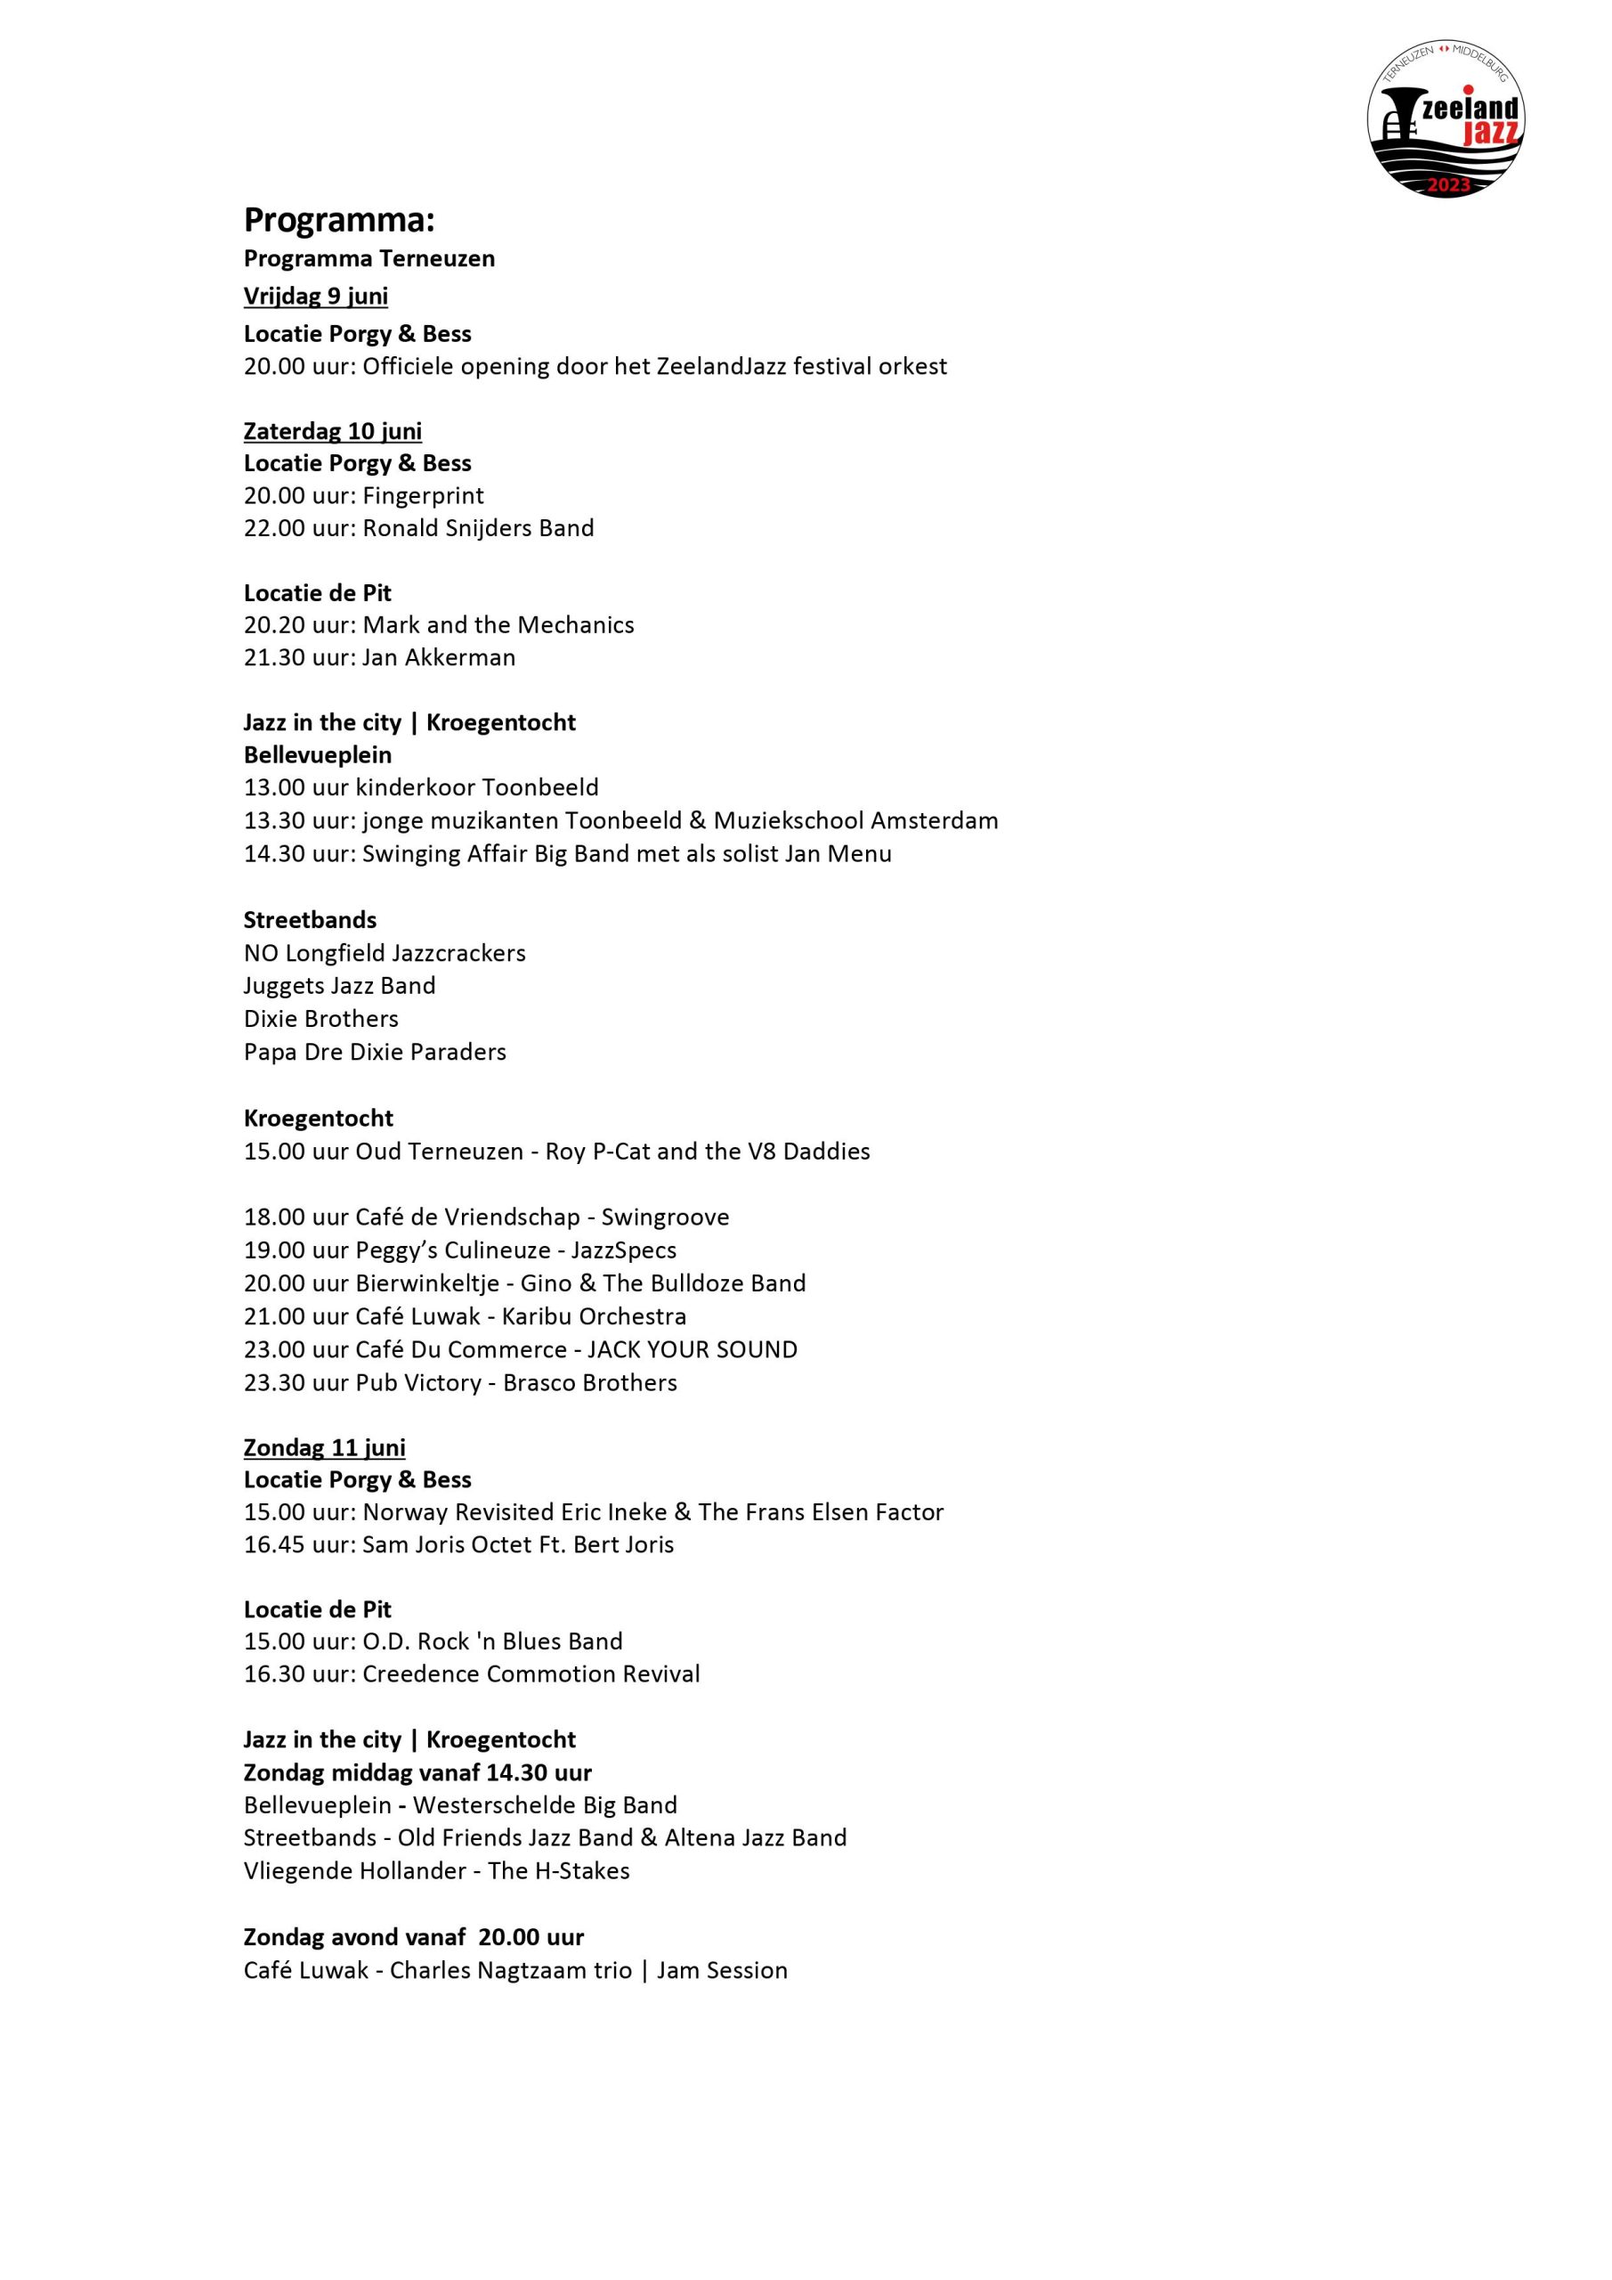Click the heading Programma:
tap(338, 219)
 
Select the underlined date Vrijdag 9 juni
tap(316, 296)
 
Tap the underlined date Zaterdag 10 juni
tap(333, 431)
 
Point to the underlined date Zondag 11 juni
tap(325, 1447)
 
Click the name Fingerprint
tap(424, 495)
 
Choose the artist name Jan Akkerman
tap(439, 657)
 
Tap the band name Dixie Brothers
tap(320, 1019)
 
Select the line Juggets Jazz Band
tap(339, 986)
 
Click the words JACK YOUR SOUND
tap(692, 1349)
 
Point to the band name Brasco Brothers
tap(589, 1382)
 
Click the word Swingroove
tap(665, 1217)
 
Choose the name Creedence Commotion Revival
tap(531, 1673)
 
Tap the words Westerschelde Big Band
tap(545, 1804)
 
